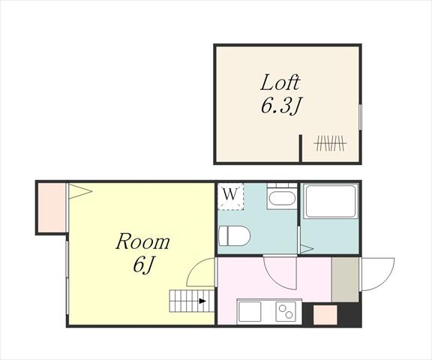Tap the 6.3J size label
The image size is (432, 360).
point(280,106)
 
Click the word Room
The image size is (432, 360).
point(142,241)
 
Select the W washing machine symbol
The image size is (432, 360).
point(230,196)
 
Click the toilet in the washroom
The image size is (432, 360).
point(234,236)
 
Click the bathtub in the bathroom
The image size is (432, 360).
point(330,202)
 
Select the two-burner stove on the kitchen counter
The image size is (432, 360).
point(286,311)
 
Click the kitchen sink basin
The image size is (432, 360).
point(250,311)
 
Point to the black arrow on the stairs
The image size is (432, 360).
point(202,301)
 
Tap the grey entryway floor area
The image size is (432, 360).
point(345,280)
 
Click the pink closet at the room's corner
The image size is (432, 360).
point(52,208)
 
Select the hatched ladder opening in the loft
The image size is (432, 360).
point(330,143)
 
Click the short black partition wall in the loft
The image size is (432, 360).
point(301,148)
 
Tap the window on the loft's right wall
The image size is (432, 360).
point(360,116)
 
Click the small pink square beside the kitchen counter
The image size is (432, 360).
point(325,315)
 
